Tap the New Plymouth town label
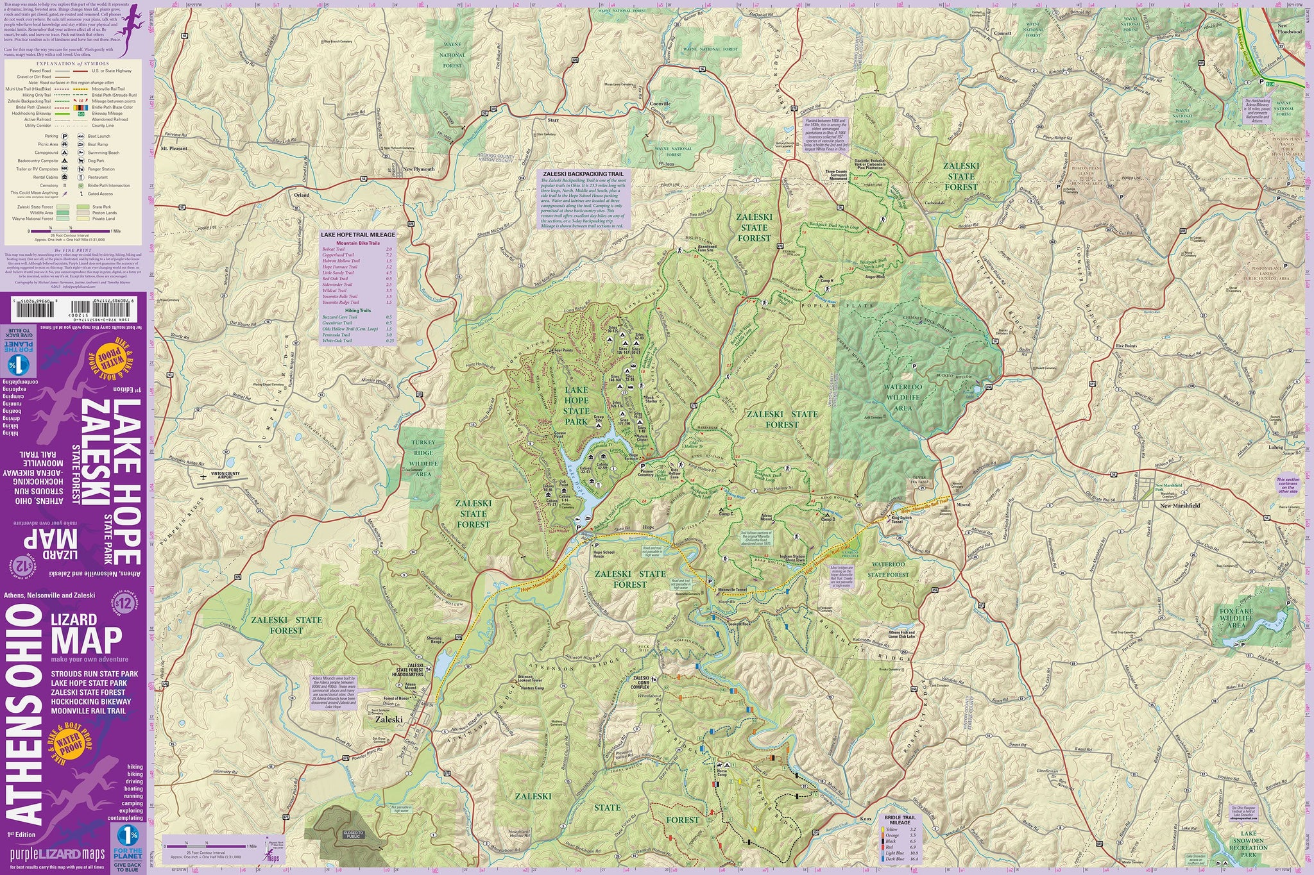tap(418, 169)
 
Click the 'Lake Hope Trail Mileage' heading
tap(358, 235)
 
